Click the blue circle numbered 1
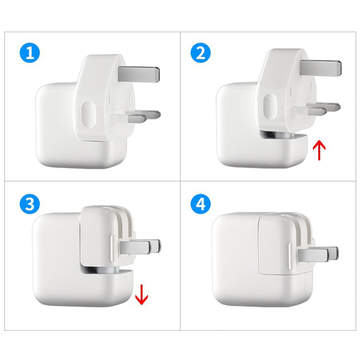pyautogui.click(x=30, y=53)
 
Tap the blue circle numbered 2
pyautogui.click(x=201, y=53)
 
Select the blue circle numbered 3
pyautogui.click(x=30, y=204)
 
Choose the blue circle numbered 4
pyautogui.click(x=201, y=204)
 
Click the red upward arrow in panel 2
pyautogui.click(x=319, y=151)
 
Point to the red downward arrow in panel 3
pyautogui.click(x=142, y=295)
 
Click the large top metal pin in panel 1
pyautogui.click(x=139, y=74)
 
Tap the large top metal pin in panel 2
pyautogui.click(x=320, y=68)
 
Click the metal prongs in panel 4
pyautogui.click(x=318, y=254)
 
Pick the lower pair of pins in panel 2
pyautogui.click(x=317, y=109)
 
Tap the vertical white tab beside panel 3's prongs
pyautogui.click(x=113, y=248)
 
